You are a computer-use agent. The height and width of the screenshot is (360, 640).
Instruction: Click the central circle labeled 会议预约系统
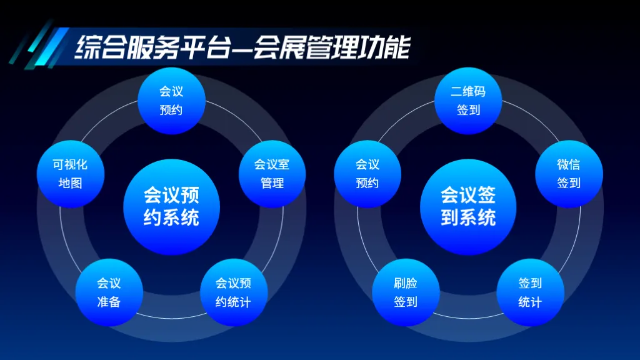coord(171,207)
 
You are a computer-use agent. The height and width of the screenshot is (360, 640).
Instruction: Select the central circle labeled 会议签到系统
coord(468,207)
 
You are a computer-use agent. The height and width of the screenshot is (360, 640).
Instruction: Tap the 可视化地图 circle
coord(70,174)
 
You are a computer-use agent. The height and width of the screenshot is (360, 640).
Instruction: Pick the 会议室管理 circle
coord(272,174)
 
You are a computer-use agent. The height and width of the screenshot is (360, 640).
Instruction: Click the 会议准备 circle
coord(109,292)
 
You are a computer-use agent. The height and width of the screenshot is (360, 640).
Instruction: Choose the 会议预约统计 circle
coord(234,292)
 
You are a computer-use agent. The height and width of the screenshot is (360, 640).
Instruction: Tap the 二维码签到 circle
coord(468,101)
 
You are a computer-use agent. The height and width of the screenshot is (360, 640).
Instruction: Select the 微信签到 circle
coord(569,174)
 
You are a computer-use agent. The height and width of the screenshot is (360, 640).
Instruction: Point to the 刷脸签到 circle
coord(406,292)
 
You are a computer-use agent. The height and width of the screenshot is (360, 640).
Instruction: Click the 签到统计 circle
coord(530,292)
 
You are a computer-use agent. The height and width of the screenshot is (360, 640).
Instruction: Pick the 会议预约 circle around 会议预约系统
coord(171,101)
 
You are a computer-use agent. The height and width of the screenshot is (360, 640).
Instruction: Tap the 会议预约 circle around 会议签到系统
coord(367,174)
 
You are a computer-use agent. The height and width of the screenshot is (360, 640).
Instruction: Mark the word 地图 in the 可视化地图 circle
coord(70,184)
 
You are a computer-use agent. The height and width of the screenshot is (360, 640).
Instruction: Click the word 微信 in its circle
coord(569,164)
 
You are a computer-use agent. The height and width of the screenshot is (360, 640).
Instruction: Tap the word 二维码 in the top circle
coord(468,91)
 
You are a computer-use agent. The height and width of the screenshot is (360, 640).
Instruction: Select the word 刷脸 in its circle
coord(406,283)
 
